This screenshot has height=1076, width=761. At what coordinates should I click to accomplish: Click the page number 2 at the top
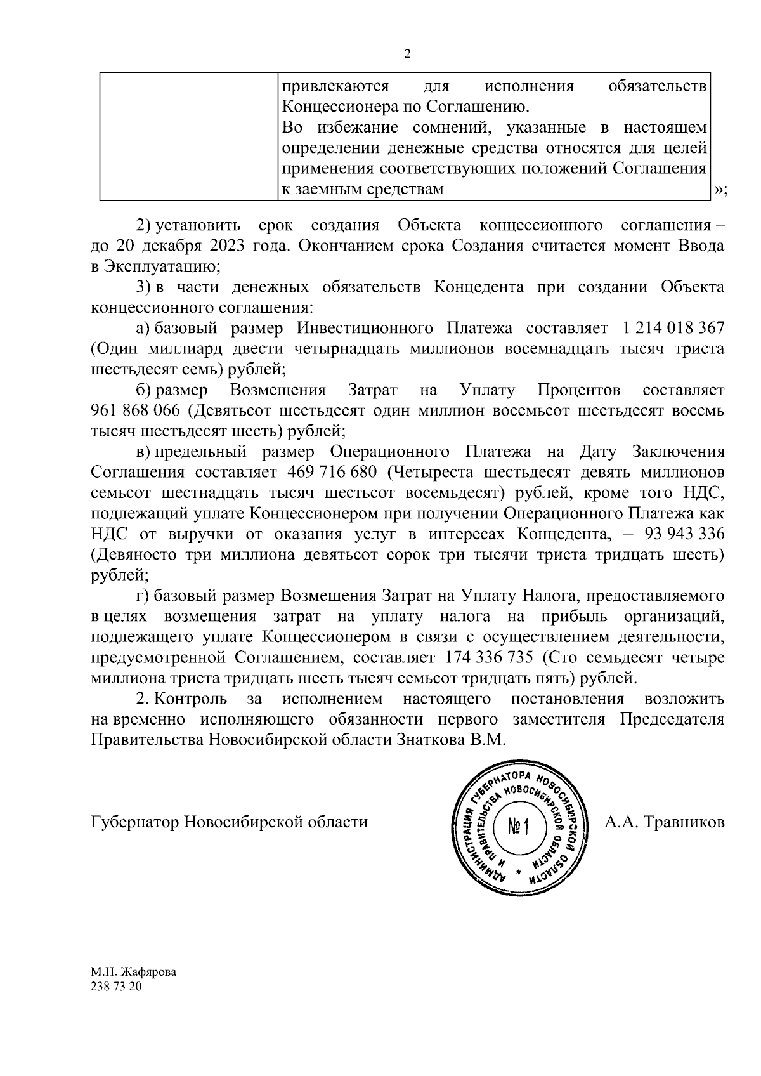pyautogui.click(x=407, y=54)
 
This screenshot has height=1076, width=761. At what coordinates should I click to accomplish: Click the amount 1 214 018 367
pyautogui.click(x=673, y=328)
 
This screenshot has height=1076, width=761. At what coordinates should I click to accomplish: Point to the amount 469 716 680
pyautogui.click(x=332, y=473)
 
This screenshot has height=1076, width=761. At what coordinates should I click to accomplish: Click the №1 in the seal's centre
pyautogui.click(x=519, y=827)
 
